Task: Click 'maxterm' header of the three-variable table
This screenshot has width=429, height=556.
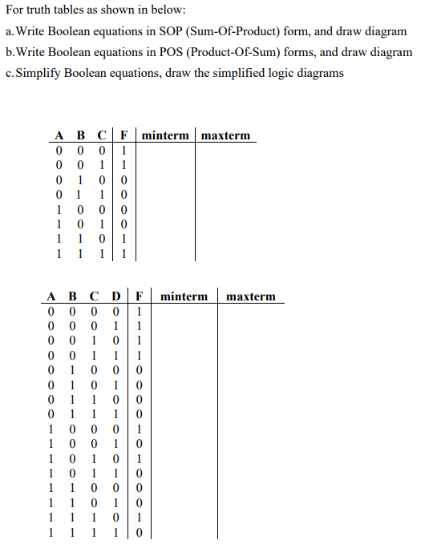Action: click(225, 135)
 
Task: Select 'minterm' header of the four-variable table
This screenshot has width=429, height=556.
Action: click(184, 296)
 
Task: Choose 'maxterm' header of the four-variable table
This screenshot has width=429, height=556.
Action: click(250, 296)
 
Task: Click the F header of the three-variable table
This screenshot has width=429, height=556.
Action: click(124, 135)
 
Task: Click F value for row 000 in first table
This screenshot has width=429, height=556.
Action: click(124, 150)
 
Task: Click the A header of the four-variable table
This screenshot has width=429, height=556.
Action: click(51, 296)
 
